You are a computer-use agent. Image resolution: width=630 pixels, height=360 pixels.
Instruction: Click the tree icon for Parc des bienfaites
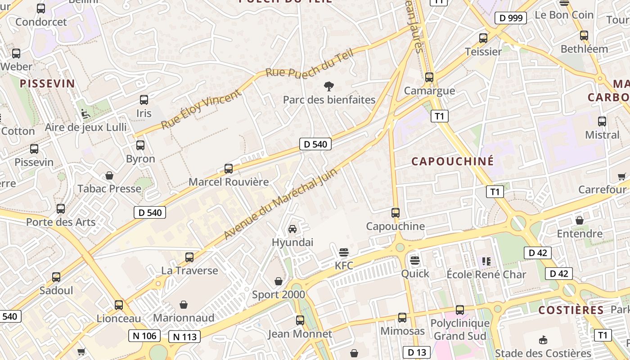coord(329,86)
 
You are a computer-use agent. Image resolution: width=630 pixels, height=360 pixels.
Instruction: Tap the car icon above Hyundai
coord(292,229)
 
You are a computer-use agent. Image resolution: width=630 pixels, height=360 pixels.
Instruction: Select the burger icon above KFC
coord(344,252)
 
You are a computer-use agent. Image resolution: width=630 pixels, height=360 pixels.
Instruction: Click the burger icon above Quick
coord(414,260)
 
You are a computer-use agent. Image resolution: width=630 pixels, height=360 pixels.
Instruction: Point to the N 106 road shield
coord(144,335)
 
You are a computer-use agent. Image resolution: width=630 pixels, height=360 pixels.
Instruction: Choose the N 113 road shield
coord(184,336)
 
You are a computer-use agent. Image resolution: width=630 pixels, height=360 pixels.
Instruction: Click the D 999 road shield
coord(511,18)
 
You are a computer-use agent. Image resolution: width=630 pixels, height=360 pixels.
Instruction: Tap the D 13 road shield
coord(417,352)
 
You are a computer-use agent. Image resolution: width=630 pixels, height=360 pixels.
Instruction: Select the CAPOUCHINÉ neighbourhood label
coord(453,161)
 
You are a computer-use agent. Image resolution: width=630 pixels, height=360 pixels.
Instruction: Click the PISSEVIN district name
coord(47,83)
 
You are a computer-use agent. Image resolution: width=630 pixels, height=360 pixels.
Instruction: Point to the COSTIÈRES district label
coord(571,310)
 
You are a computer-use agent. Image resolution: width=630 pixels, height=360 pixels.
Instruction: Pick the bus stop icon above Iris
coord(144,100)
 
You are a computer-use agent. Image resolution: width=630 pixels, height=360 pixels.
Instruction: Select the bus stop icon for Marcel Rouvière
coord(229,169)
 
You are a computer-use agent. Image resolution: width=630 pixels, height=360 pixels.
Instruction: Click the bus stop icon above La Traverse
coord(189,257)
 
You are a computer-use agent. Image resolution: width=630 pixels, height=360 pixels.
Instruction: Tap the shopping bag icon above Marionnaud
coord(183,305)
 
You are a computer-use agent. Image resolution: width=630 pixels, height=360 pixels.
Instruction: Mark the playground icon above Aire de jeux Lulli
coord(85,114)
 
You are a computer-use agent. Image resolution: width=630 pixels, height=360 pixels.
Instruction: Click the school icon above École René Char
coord(486,261)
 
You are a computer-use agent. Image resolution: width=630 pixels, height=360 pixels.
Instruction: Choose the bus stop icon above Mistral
coord(602,121)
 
